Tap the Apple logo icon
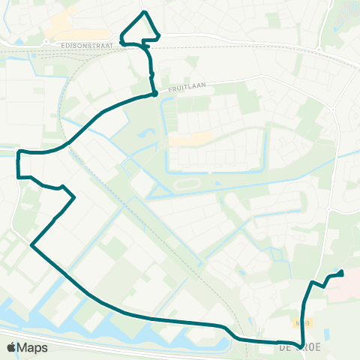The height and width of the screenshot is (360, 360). pos(12,347)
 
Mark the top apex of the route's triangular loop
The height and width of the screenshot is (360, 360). pos(145,12)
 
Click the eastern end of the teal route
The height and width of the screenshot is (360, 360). pos(342,273)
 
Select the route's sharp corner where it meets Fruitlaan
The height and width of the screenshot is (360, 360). pos(154,94)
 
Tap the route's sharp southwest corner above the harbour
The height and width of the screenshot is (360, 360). pos(31,244)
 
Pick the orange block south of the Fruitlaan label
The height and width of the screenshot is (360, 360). pos(189,139)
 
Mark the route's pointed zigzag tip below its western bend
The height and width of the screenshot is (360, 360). pos(74,197)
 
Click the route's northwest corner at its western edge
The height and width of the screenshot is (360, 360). pos(18,152)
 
